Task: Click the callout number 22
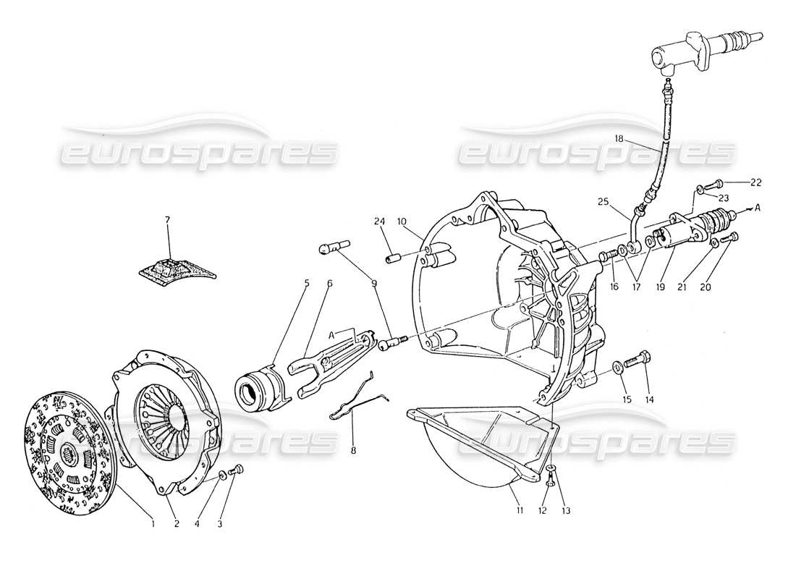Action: (756, 182)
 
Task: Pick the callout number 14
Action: (649, 400)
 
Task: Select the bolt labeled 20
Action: (731, 237)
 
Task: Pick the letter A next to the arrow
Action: (757, 208)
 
